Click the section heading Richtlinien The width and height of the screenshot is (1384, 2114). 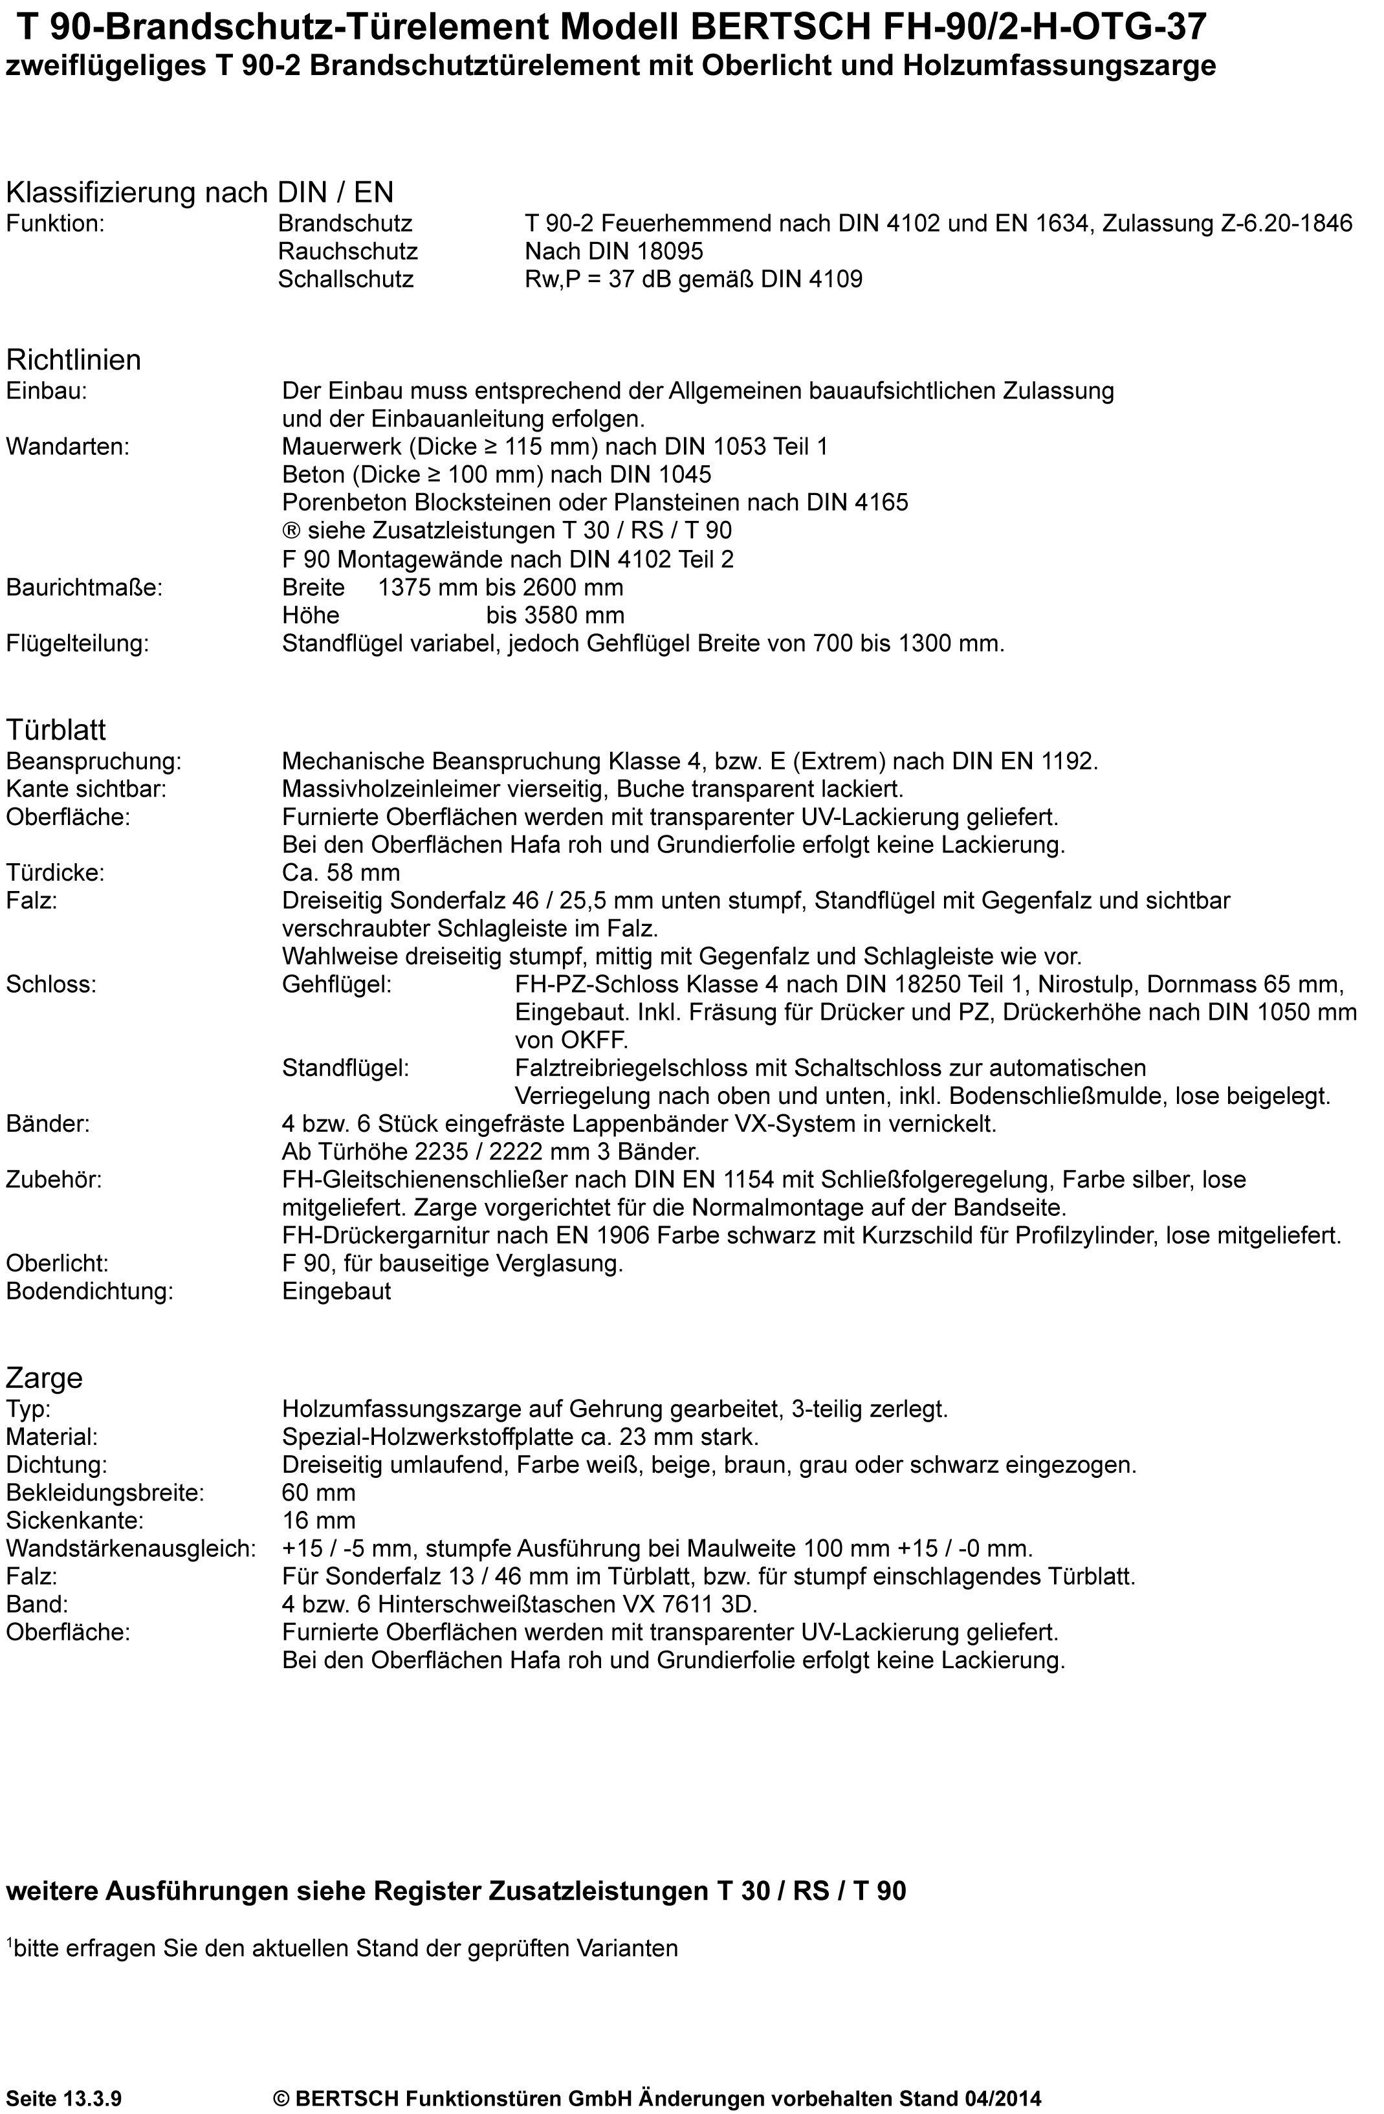click(x=74, y=360)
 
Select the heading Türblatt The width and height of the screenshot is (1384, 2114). click(x=56, y=729)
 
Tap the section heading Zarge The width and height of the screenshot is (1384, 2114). click(x=45, y=1378)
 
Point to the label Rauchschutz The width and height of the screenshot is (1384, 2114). click(x=347, y=251)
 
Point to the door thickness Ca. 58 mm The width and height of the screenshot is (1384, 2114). click(x=341, y=873)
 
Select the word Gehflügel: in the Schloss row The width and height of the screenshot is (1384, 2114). click(x=336, y=985)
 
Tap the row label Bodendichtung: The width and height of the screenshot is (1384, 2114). click(x=90, y=1292)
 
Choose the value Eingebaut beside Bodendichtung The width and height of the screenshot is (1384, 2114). click(x=336, y=1292)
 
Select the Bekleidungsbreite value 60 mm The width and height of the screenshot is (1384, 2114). click(x=318, y=1493)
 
